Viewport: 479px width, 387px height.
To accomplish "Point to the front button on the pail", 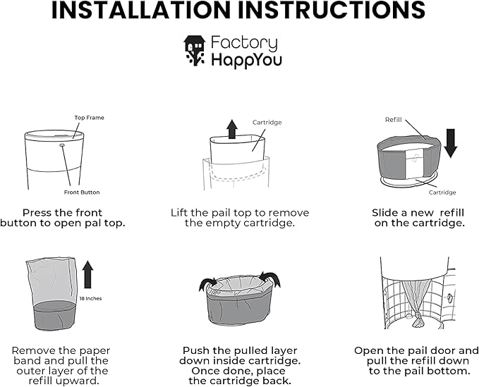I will [x=62, y=146].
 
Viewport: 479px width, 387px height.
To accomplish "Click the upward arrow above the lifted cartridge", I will [x=231, y=128].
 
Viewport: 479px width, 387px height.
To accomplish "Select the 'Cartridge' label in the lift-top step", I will [x=267, y=123].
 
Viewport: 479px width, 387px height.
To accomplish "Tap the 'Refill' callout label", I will [x=393, y=120].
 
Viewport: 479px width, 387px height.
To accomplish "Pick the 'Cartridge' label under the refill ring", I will [x=442, y=192].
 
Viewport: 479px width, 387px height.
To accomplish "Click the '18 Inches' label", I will [x=91, y=298].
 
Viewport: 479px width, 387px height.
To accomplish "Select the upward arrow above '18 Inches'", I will [x=88, y=274].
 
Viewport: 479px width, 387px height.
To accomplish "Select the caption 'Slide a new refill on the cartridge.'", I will [x=418, y=217].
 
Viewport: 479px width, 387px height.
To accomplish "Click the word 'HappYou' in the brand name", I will [x=246, y=60].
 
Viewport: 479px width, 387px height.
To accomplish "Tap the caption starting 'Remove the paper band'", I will [x=61, y=365].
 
